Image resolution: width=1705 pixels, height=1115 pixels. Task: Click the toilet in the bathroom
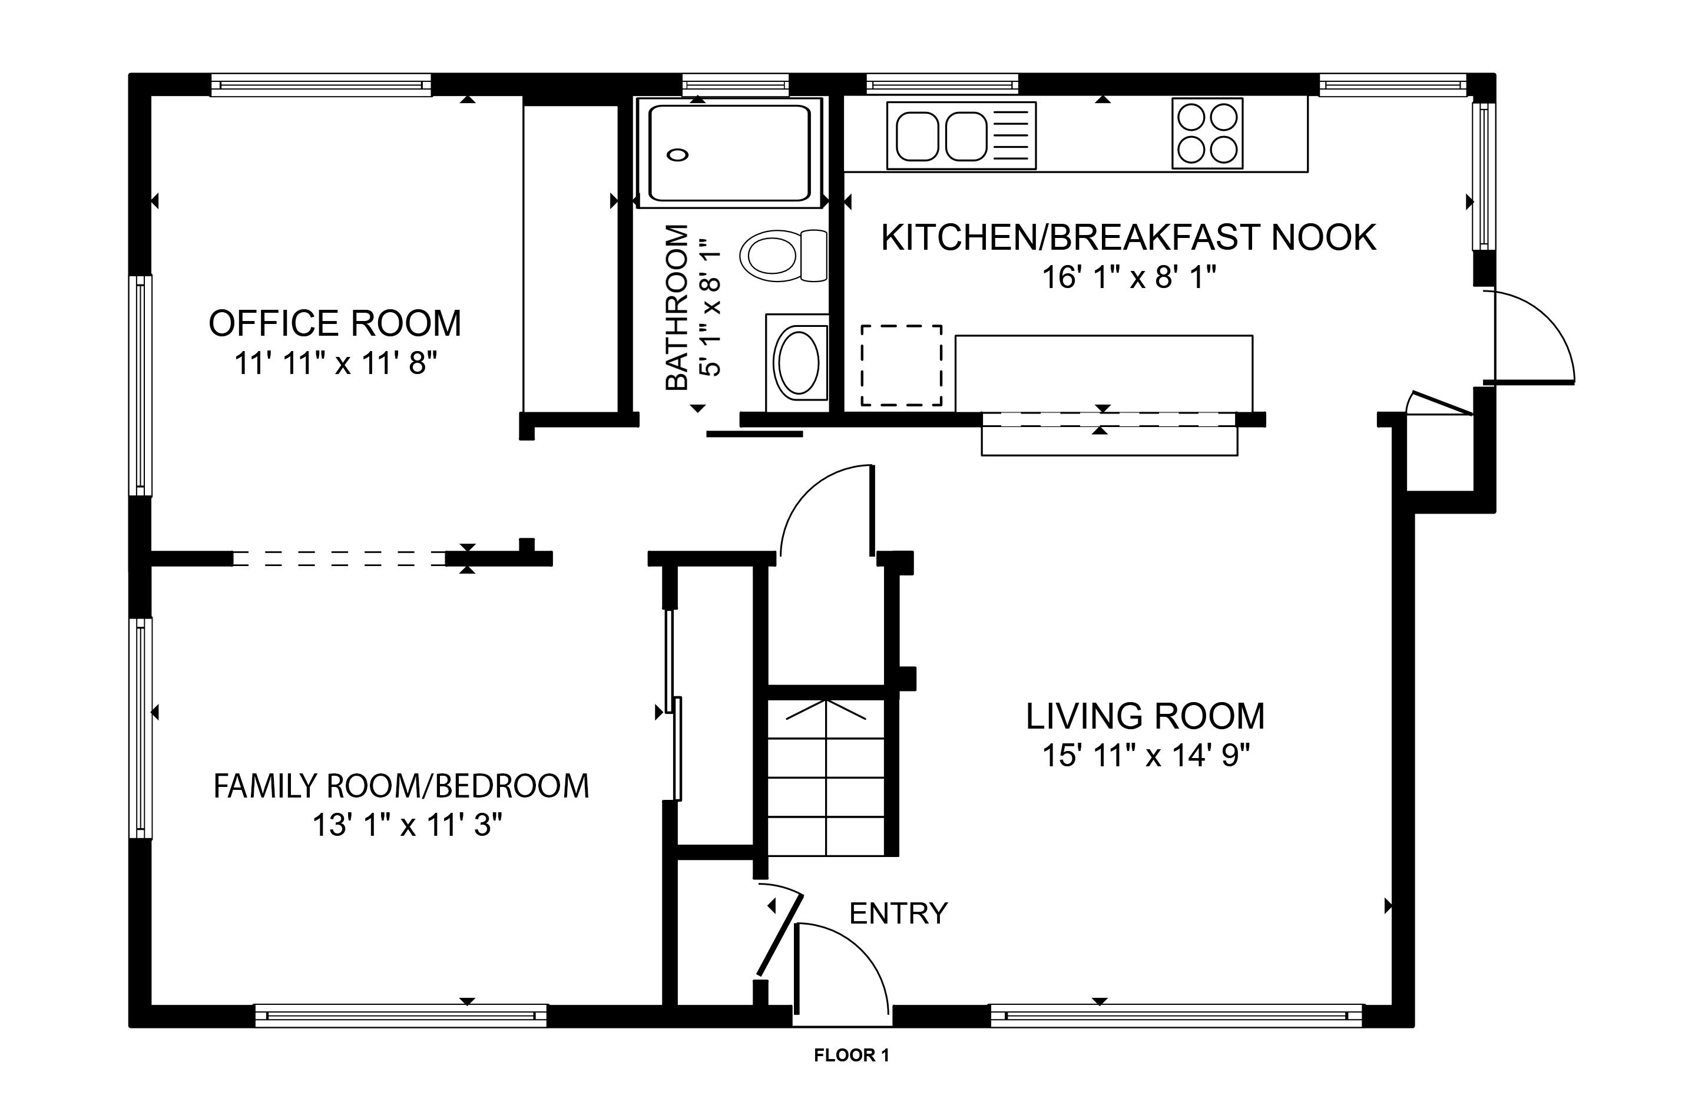[x=783, y=256]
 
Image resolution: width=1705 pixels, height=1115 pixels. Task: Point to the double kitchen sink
[x=961, y=136]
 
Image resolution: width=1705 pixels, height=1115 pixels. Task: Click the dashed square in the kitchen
[x=901, y=365]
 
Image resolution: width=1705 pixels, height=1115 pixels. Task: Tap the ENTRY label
[x=898, y=914]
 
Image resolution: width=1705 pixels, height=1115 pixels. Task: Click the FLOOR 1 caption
[x=852, y=1055]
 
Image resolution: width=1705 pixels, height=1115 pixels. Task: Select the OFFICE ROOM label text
[x=335, y=323]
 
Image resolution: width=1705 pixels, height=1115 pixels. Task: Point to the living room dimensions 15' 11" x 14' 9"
[x=1146, y=755]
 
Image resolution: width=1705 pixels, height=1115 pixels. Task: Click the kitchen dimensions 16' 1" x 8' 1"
[x=1129, y=277]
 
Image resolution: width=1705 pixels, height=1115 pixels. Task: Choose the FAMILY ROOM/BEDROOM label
[x=401, y=786]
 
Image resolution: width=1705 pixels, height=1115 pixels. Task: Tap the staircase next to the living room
[x=827, y=776]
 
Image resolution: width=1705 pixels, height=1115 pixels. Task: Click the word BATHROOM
[x=677, y=307]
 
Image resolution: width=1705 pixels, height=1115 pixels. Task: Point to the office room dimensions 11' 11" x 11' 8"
[x=335, y=363]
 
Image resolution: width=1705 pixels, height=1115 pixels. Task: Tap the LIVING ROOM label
[x=1146, y=716]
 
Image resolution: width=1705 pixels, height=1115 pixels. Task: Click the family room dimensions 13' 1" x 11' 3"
[x=407, y=825]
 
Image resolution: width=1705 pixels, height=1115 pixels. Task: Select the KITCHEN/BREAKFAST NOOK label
[x=1128, y=237]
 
